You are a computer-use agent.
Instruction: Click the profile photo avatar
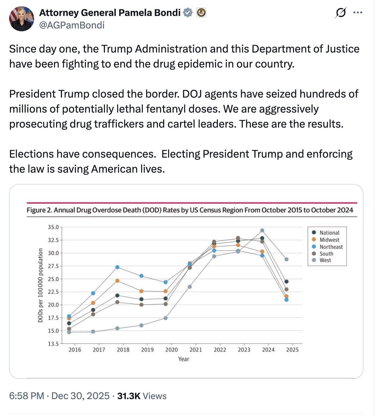pos(22,19)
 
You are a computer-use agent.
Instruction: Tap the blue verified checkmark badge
pos(188,13)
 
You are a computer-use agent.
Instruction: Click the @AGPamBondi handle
pos(71,25)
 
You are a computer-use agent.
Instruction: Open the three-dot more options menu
pos(358,13)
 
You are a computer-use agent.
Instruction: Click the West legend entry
pos(325,260)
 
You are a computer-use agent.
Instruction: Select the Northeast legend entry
pos(331,247)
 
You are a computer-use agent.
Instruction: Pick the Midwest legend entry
pos(329,240)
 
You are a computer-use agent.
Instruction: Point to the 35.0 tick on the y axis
pos(53,227)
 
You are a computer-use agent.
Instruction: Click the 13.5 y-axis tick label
pos(53,344)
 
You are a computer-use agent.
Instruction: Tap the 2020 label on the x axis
pos(171,350)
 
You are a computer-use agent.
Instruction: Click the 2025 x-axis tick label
pos(292,350)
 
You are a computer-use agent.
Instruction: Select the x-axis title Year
pos(183,359)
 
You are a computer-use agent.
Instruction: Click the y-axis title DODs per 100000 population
pos(40,285)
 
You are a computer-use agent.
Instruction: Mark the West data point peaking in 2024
pos(262,231)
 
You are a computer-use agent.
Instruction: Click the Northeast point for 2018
pos(117,267)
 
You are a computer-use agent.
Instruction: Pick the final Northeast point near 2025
pos(286,300)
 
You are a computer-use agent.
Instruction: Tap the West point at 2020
pos(166,318)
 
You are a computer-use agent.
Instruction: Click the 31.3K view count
pos(129,396)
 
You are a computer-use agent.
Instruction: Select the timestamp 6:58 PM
pos(27,396)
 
